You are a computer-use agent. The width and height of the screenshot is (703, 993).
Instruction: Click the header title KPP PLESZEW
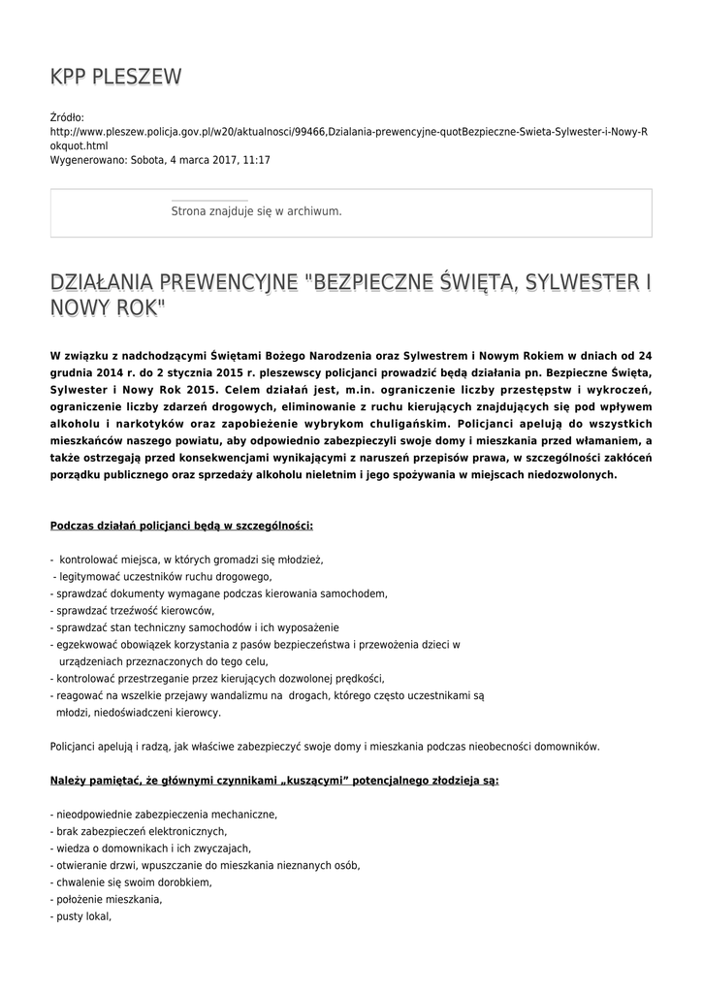(x=115, y=77)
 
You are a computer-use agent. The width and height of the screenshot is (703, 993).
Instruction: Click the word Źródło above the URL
(x=67, y=117)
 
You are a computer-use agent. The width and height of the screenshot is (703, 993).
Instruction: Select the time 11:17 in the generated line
(x=257, y=159)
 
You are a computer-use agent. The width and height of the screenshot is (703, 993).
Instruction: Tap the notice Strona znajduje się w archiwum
(x=256, y=210)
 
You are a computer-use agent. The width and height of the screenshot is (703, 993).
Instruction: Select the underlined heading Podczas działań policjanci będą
(x=181, y=526)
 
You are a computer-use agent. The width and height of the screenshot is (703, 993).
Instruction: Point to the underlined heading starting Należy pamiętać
(x=274, y=780)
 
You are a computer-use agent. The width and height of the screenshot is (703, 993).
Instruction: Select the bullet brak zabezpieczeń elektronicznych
(x=139, y=831)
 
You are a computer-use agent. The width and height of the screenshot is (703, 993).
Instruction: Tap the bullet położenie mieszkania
(x=107, y=899)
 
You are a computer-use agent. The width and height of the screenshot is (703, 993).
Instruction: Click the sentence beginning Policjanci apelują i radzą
(x=325, y=746)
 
